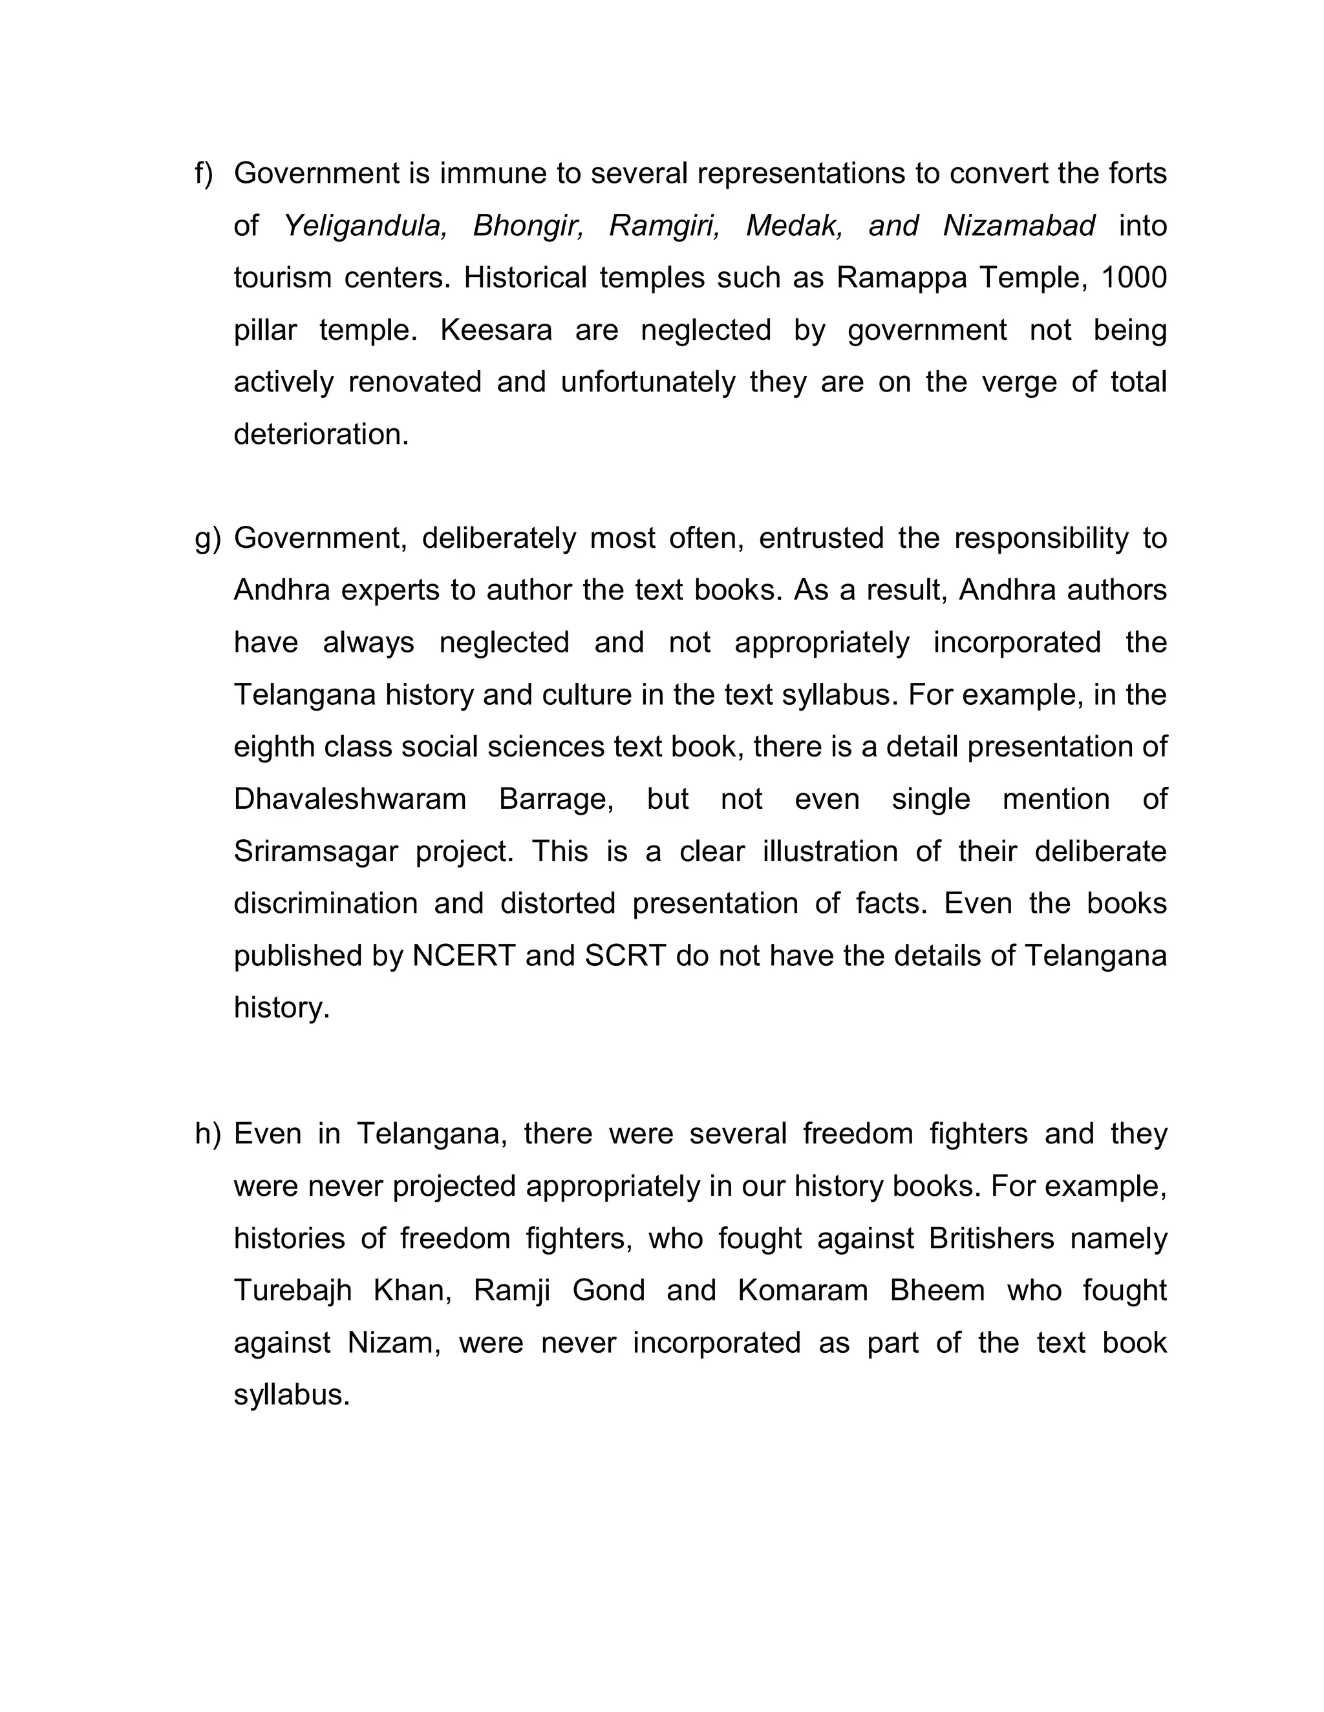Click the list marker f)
[x=203, y=174]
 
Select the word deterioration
[x=321, y=434]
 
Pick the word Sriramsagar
[x=315, y=852]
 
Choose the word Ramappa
[x=901, y=278]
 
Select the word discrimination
[x=326, y=904]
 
